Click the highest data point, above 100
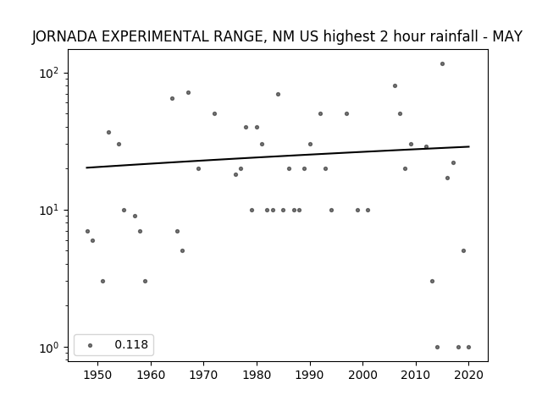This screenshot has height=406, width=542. pos(442,64)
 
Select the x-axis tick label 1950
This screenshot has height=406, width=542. pos(98,375)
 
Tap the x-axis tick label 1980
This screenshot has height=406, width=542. pos(257,375)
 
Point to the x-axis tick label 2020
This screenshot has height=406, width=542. pos(468,375)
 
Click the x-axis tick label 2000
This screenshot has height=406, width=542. pos(363,375)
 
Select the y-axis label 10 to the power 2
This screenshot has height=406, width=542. pos(48,73)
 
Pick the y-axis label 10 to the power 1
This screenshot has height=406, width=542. pos(48,210)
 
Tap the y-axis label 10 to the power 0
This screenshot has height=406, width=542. pos(48,347)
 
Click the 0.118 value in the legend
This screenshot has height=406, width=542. pos(131,344)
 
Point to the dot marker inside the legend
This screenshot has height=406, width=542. pos(91,345)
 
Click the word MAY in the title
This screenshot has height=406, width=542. pos(507,36)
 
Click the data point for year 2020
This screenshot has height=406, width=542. pos(468,348)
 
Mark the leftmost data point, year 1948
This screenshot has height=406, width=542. pos(87,231)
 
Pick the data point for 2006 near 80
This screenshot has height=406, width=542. pos(395,86)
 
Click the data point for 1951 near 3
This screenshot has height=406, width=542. pos(102,282)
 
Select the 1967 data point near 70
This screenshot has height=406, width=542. pos(188,92)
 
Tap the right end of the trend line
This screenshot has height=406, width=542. pos(469,146)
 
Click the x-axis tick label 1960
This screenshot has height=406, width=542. pos(151,375)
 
